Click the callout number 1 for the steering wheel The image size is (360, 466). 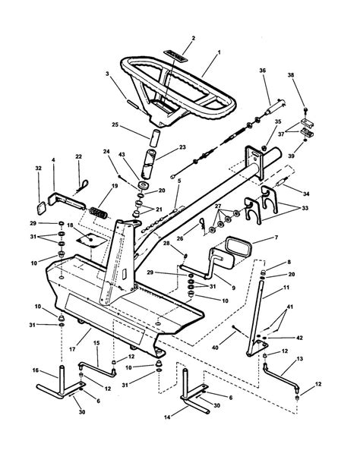pyautogui.click(x=219, y=52)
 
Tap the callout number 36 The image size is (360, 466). pyautogui.click(x=263, y=71)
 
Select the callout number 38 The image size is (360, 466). pyautogui.click(x=291, y=75)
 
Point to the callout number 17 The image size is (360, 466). pyautogui.click(x=72, y=349)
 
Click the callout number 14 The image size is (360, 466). pyautogui.click(x=167, y=417)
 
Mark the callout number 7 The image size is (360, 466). pyautogui.click(x=276, y=238)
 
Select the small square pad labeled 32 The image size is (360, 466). pyautogui.click(x=41, y=207)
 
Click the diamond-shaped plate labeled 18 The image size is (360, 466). pyautogui.click(x=90, y=240)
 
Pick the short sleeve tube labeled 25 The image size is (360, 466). pyautogui.click(x=155, y=137)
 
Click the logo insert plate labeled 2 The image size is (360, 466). pyautogui.click(x=175, y=56)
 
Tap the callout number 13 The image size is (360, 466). pyautogui.click(x=299, y=359)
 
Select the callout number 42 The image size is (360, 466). pyautogui.click(x=299, y=338)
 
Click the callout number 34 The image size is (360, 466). pyautogui.click(x=306, y=194)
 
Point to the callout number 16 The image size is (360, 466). pyautogui.click(x=36, y=370)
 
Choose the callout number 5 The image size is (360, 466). pyautogui.click(x=179, y=181)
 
